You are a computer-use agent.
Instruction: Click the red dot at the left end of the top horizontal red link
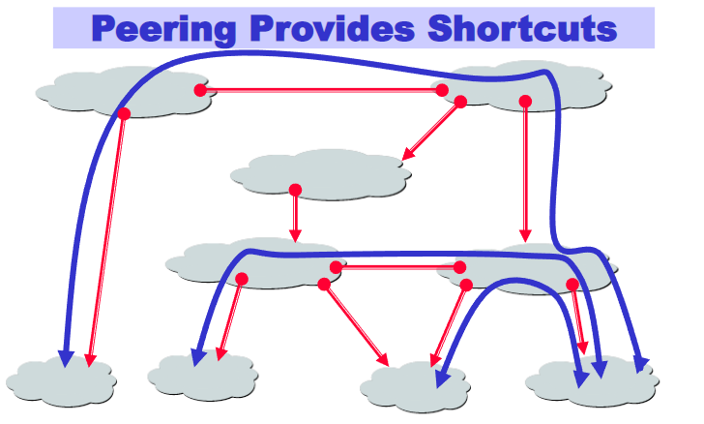[200, 90]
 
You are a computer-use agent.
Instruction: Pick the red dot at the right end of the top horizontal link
[442, 90]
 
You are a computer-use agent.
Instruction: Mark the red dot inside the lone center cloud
[295, 190]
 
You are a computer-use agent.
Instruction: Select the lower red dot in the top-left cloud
[124, 114]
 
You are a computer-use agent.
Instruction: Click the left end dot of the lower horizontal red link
[336, 267]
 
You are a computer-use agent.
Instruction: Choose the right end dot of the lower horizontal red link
[459, 267]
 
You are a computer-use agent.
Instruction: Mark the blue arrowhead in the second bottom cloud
[197, 356]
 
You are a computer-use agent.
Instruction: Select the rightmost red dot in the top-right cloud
[524, 101]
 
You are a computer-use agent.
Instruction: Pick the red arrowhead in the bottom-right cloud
[582, 348]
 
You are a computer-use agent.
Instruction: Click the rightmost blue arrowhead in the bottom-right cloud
[640, 365]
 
